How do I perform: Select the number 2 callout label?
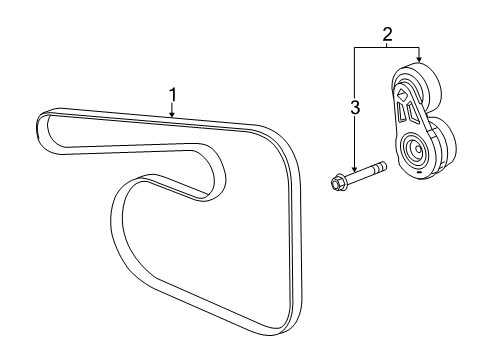click(387, 34)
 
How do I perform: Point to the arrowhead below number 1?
click(172, 116)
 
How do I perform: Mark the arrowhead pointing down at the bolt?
click(354, 174)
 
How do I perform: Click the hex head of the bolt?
click(338, 183)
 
